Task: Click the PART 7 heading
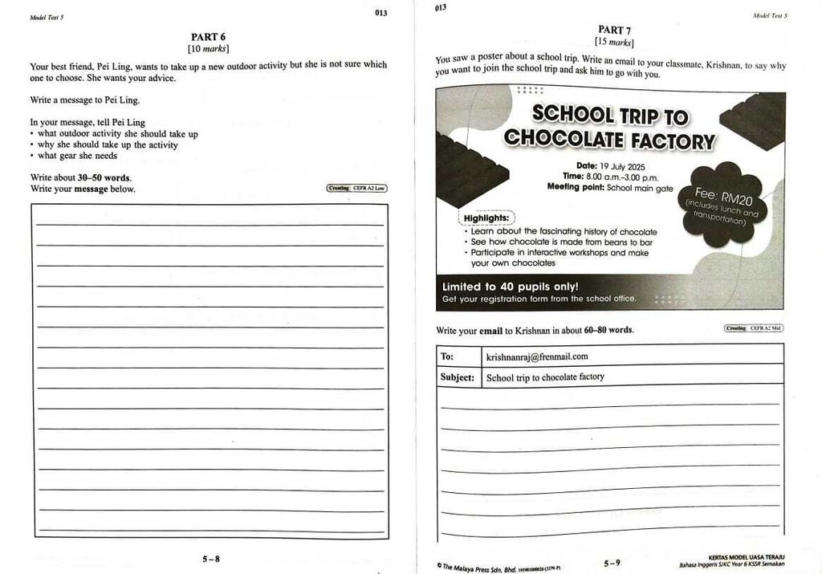pyautogui.click(x=614, y=31)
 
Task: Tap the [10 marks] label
pyautogui.click(x=208, y=48)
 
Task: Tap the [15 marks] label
pyautogui.click(x=614, y=42)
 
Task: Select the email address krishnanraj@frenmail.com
pyautogui.click(x=537, y=356)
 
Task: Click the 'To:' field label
pyautogui.click(x=447, y=356)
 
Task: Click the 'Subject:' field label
pyautogui.click(x=457, y=377)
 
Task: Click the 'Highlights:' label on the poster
pyautogui.click(x=486, y=218)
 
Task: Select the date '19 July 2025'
pyautogui.click(x=629, y=166)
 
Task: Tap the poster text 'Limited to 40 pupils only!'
pyautogui.click(x=510, y=286)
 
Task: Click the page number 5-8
pyautogui.click(x=210, y=559)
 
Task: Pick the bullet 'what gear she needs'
pyautogui.click(x=77, y=156)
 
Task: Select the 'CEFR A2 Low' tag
pyautogui.click(x=357, y=188)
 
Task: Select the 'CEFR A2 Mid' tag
pyautogui.click(x=754, y=328)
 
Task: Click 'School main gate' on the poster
pyautogui.click(x=640, y=188)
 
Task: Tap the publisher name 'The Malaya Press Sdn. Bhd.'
pyautogui.click(x=479, y=567)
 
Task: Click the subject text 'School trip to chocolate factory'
pyautogui.click(x=545, y=377)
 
